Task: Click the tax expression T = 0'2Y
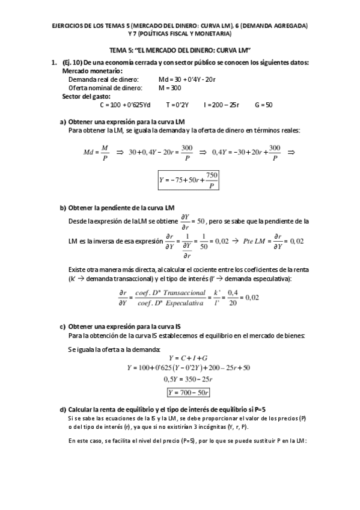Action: (177, 105)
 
